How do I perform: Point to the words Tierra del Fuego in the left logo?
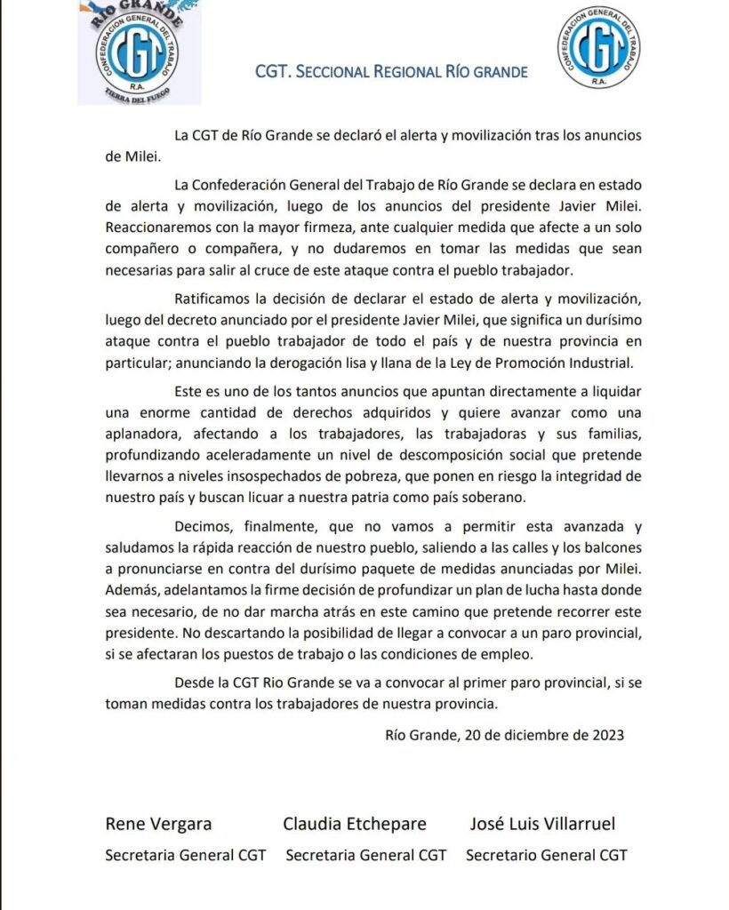pos(140,95)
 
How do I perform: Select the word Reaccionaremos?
pos(158,226)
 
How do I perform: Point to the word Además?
pos(130,592)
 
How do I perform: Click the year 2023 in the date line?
pos(606,734)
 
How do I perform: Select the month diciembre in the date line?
pos(536,734)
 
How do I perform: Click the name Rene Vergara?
pos(159,823)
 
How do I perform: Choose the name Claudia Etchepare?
pos(354,823)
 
